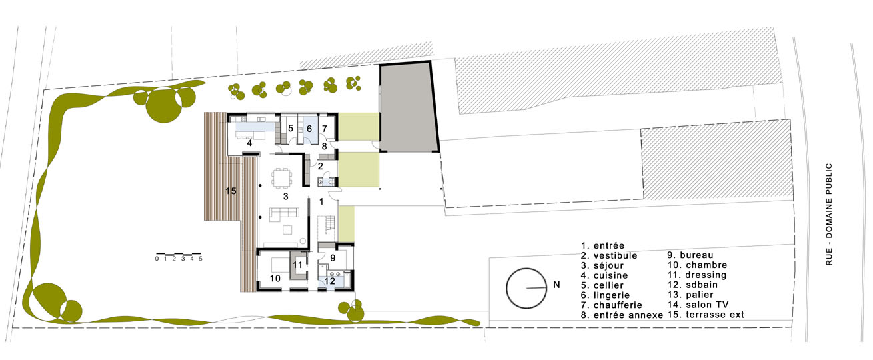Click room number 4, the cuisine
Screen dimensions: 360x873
249,143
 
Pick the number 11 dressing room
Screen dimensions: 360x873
298,264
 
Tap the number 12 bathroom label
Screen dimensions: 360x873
330,281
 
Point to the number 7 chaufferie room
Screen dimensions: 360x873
325,128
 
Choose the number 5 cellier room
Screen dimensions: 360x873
291,128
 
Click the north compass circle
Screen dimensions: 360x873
526,287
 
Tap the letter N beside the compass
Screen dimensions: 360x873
556,285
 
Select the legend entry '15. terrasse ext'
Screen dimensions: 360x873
706,314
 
